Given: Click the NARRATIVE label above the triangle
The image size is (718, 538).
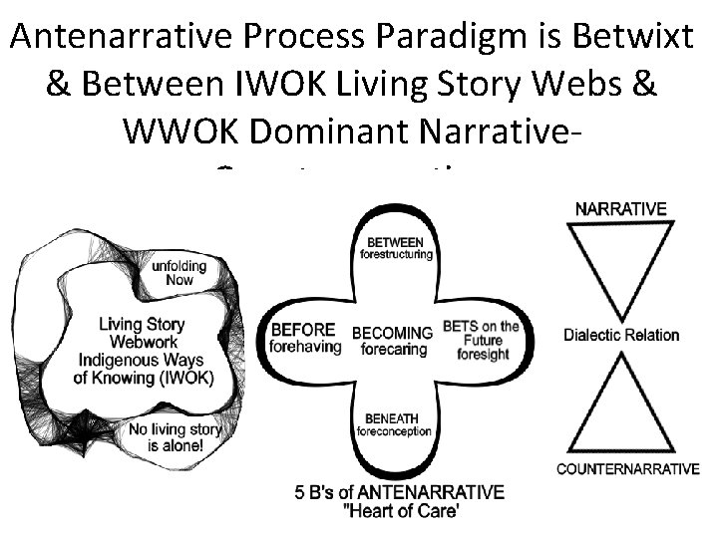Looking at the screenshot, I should [x=621, y=209].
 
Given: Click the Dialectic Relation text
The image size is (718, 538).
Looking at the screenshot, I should [x=621, y=335].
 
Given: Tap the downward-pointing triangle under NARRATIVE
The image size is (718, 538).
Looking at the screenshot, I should [x=620, y=264].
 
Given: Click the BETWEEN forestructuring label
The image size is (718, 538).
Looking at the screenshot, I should [x=396, y=248].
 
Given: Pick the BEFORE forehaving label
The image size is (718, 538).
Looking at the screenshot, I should [x=305, y=339].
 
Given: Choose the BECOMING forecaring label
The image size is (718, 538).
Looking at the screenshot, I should [x=392, y=340].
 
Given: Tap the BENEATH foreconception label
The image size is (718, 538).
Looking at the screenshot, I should [x=396, y=424].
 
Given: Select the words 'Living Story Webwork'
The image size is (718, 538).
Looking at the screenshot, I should [x=141, y=332].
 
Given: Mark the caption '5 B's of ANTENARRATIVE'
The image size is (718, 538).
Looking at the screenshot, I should [x=400, y=492].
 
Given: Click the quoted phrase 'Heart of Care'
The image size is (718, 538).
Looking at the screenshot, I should [x=400, y=511].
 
